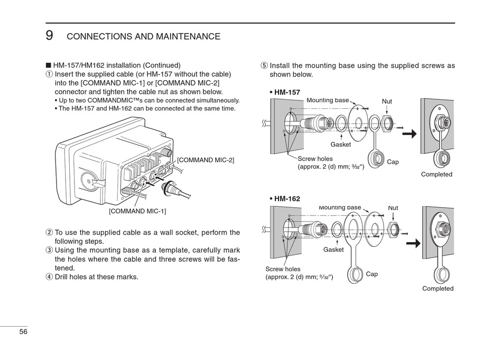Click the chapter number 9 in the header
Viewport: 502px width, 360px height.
[49, 35]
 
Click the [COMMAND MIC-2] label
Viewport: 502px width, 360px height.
[205, 160]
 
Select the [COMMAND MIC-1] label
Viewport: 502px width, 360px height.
[137, 211]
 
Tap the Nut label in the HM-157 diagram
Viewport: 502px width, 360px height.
[387, 101]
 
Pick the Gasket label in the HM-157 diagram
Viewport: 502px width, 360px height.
[340, 144]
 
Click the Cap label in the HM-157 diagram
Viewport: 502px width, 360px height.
[393, 162]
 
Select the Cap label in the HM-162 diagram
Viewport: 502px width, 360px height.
[372, 274]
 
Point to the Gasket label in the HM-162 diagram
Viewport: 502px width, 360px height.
[333, 250]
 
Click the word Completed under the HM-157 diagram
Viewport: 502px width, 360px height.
[436, 174]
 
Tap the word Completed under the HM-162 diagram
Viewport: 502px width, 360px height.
[438, 289]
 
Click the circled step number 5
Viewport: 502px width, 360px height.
[264, 66]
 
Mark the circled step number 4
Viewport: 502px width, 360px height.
[49, 276]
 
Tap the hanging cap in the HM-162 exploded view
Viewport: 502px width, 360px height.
[355, 274]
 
